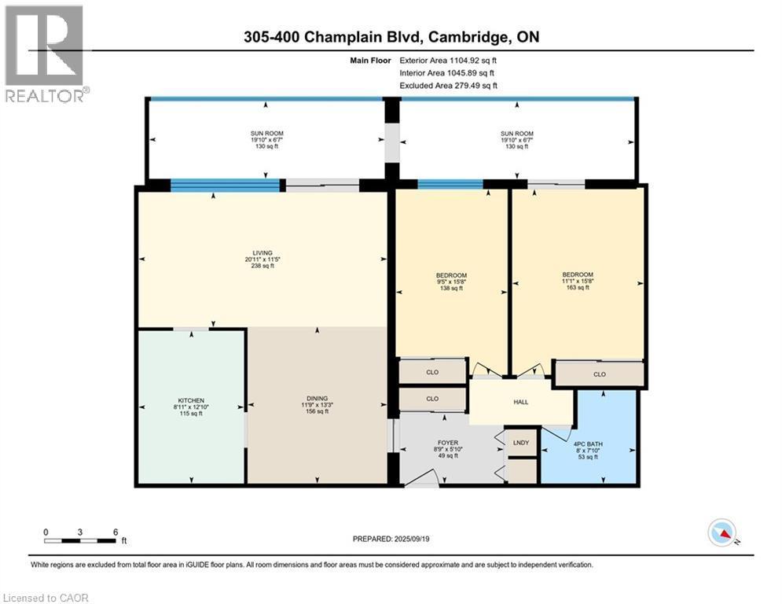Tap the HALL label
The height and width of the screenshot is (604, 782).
520,401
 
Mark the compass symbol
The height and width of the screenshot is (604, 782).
722,533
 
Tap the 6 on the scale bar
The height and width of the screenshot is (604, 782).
116,532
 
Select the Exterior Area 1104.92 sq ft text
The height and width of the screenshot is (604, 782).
448,60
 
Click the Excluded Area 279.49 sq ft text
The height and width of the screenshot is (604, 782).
448,86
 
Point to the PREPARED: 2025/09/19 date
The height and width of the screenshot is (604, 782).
393,540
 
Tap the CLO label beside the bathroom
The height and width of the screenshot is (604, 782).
600,374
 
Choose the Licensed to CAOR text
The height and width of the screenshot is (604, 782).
46,598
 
